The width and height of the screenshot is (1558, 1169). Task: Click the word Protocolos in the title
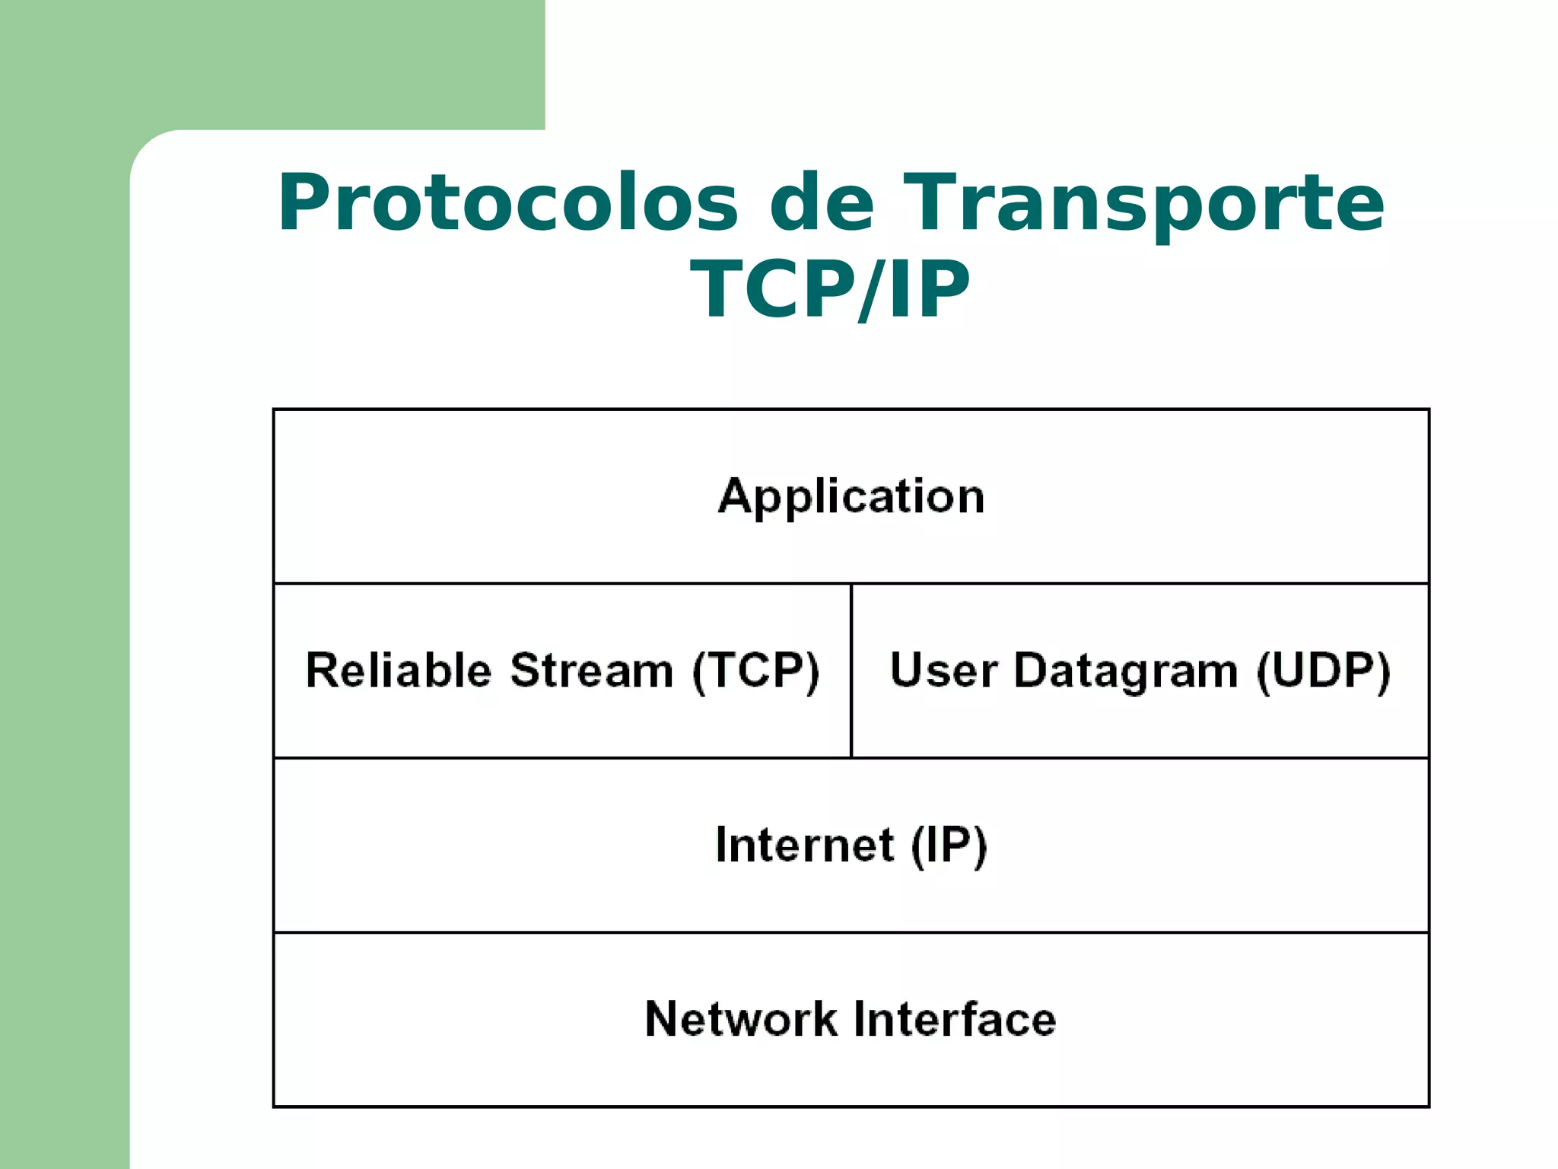coord(508,204)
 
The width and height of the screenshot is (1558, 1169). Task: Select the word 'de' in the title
coord(822,204)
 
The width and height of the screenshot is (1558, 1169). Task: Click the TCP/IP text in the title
coord(830,290)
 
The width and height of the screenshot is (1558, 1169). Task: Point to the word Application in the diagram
coord(851,497)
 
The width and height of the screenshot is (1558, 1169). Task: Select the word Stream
coord(592,671)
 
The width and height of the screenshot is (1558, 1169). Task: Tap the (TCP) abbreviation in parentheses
coord(756,671)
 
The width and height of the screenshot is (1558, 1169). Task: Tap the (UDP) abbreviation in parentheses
coord(1323,671)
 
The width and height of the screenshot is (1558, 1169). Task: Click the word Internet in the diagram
coord(805,845)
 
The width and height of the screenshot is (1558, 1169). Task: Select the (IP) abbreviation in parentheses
coord(949,846)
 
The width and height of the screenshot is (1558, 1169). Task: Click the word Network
coord(740,1019)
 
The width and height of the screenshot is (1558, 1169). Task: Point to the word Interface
coord(955,1019)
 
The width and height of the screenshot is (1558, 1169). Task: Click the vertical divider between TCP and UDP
coord(851,671)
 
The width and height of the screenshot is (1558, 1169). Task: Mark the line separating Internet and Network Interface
coord(851,932)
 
